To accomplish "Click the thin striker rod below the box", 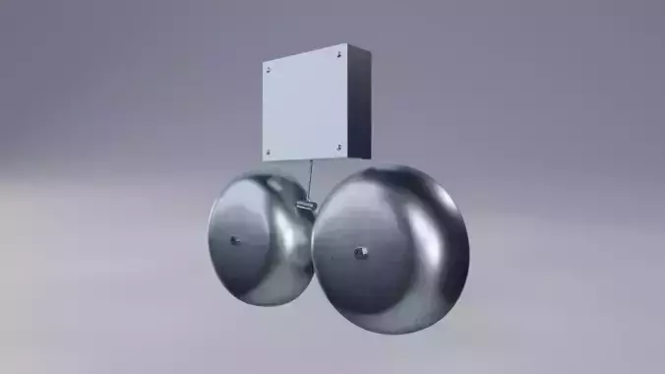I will coord(310,180).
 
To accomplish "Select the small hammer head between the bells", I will coord(303,205).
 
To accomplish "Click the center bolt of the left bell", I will coord(234,239).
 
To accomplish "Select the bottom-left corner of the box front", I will coord(265,158).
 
